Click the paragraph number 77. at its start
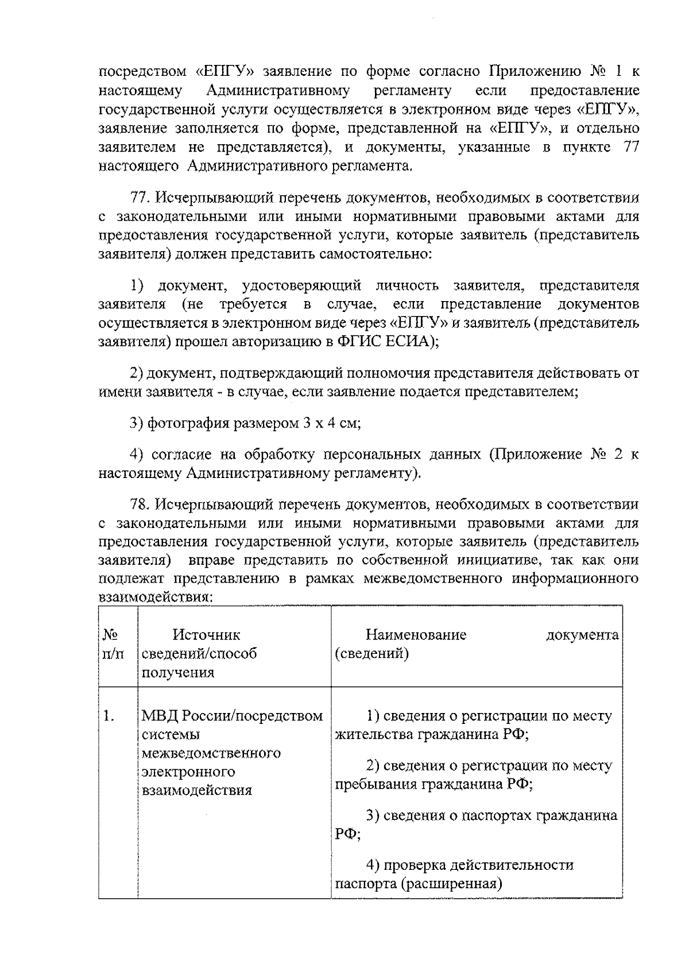coord(141,198)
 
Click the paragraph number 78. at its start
coord(141,504)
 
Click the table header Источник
coord(206,635)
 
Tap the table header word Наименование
coord(416,635)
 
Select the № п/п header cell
coord(113,644)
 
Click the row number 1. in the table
coord(109,716)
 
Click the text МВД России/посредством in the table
coord(232,716)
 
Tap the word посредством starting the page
coord(143,72)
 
